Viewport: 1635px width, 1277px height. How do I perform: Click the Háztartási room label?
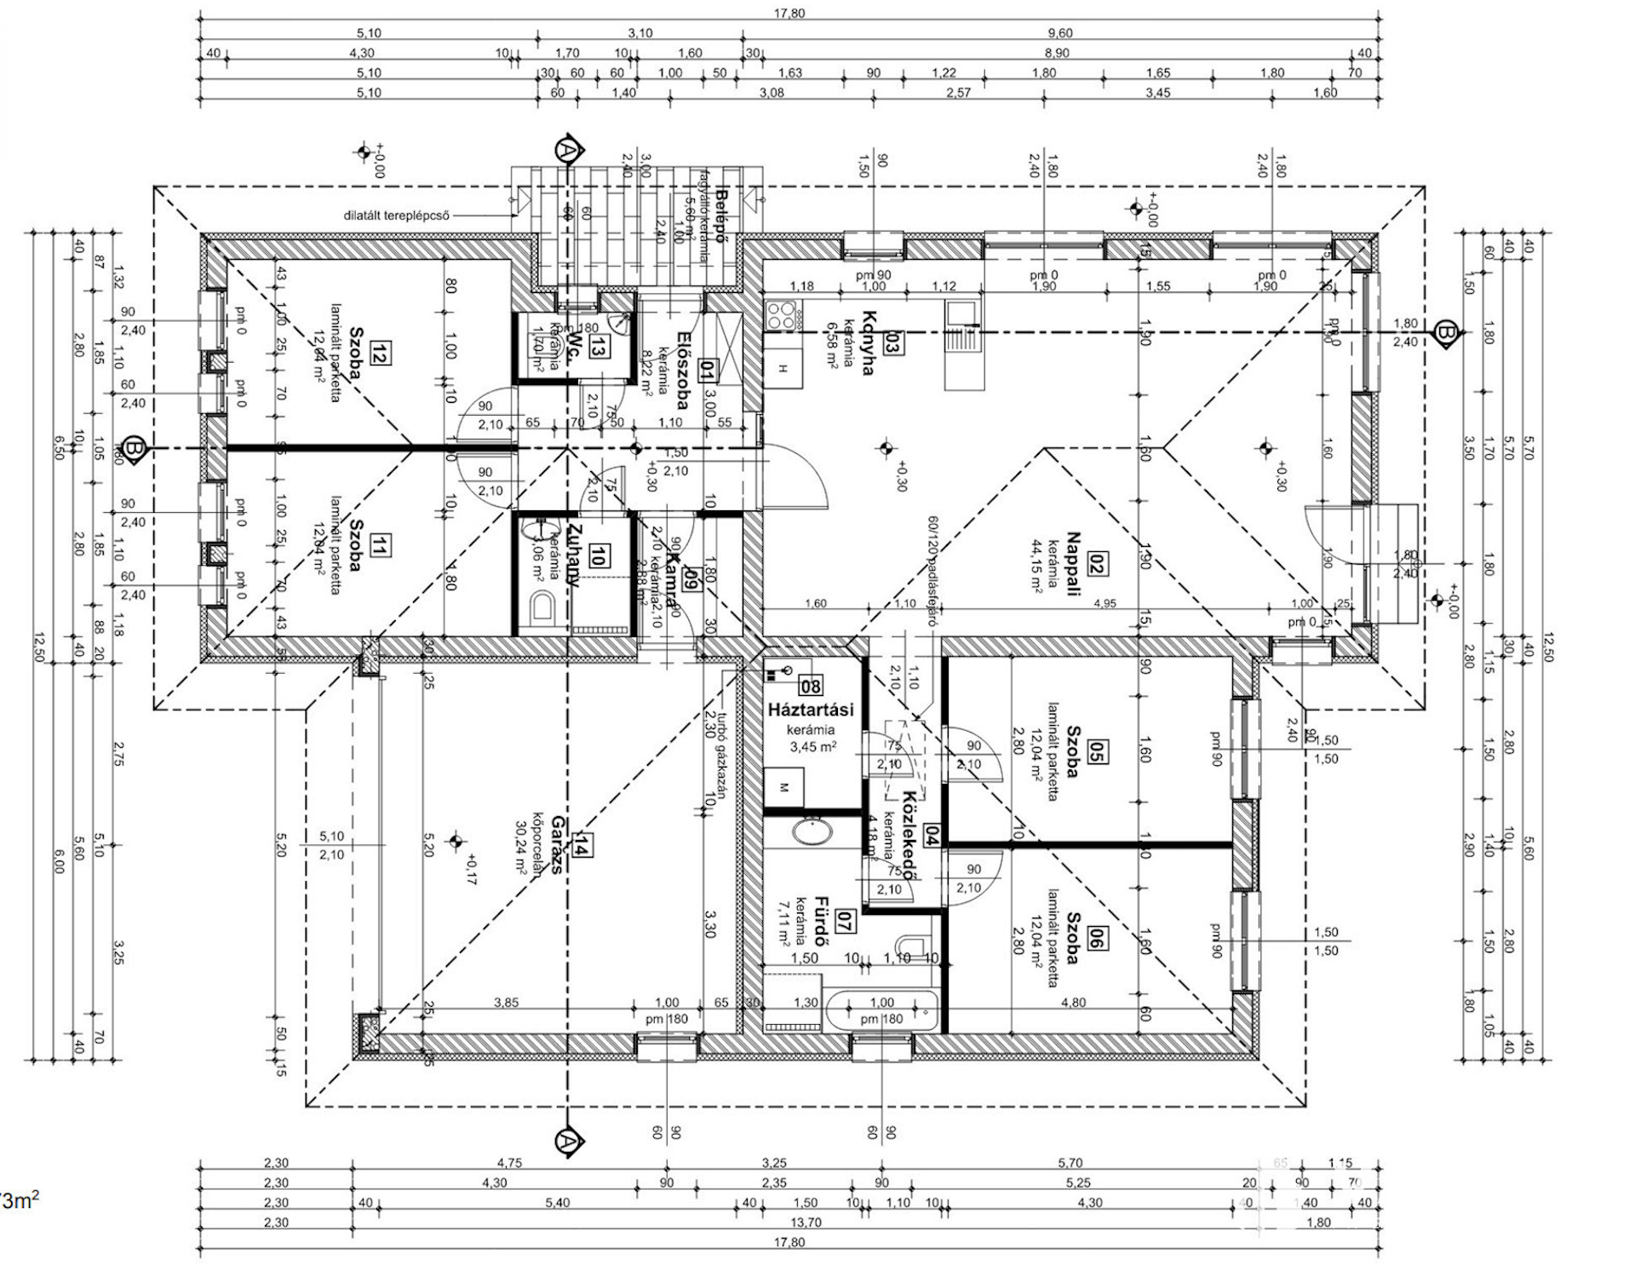[810, 710]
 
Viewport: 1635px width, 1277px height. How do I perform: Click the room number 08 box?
[811, 685]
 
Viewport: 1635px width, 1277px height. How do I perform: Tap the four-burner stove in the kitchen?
[782, 316]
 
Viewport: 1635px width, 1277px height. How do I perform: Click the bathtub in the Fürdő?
[881, 1010]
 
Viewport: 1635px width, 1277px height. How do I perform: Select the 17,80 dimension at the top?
[789, 14]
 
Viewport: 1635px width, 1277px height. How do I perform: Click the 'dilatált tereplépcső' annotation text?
[396, 216]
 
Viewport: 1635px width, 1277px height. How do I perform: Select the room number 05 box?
[1098, 752]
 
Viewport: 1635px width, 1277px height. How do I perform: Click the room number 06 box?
[1098, 941]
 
